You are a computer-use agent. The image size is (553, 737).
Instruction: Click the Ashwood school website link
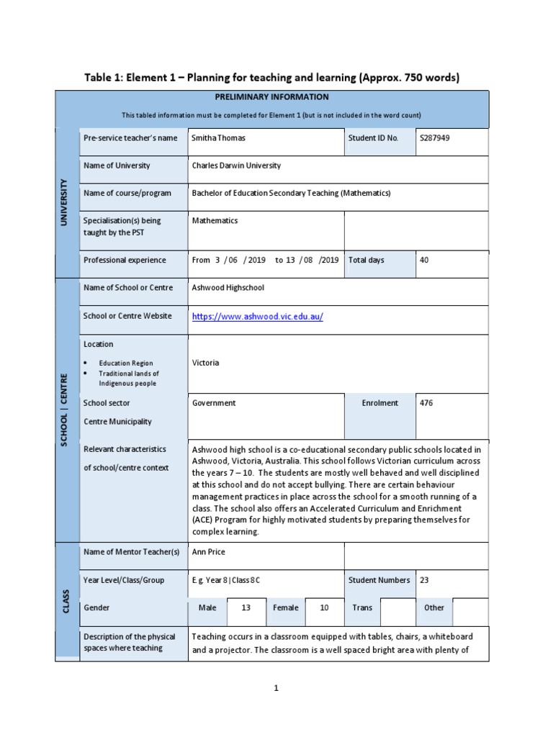coord(257,317)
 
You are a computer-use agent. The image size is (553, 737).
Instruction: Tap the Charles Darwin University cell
coord(236,166)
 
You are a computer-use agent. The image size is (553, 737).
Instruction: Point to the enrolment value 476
coord(426,403)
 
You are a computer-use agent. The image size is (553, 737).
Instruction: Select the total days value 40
coord(424,260)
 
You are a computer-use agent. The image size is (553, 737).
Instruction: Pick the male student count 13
coord(246,607)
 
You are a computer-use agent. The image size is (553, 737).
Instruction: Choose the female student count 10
coord(324,607)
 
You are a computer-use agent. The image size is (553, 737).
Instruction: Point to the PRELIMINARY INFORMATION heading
coord(271,97)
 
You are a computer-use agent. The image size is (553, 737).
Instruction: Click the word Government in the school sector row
coord(214,403)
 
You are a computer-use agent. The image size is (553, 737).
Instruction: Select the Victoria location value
coord(205,363)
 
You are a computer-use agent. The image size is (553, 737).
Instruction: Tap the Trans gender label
coord(362,607)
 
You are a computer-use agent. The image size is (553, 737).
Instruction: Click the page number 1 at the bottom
coord(276,688)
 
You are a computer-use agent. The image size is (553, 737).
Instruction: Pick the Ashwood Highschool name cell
coord(228,287)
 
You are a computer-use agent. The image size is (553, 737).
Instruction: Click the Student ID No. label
coord(372,137)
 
